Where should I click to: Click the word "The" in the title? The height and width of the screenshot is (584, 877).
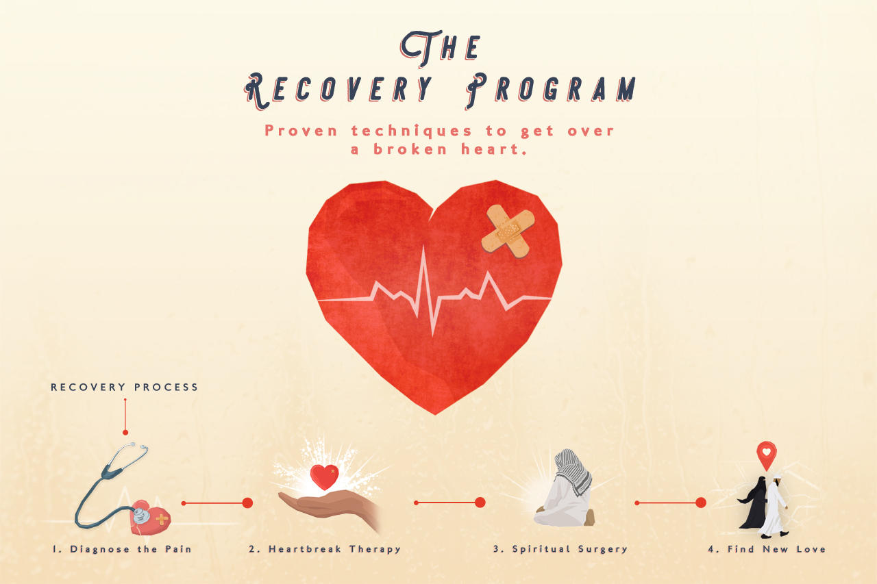click(440, 47)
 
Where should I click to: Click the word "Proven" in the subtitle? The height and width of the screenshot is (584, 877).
click(302, 131)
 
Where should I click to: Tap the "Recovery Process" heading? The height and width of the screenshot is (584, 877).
click(125, 388)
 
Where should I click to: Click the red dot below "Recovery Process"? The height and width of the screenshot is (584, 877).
click(125, 432)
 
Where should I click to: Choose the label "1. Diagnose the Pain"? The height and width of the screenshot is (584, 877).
click(122, 549)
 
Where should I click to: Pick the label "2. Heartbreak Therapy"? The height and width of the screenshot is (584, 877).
click(325, 549)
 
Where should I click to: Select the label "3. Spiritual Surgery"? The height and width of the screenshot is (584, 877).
click(560, 549)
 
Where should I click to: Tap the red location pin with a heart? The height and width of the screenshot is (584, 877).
click(766, 453)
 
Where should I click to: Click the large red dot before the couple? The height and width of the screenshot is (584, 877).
click(700, 503)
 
